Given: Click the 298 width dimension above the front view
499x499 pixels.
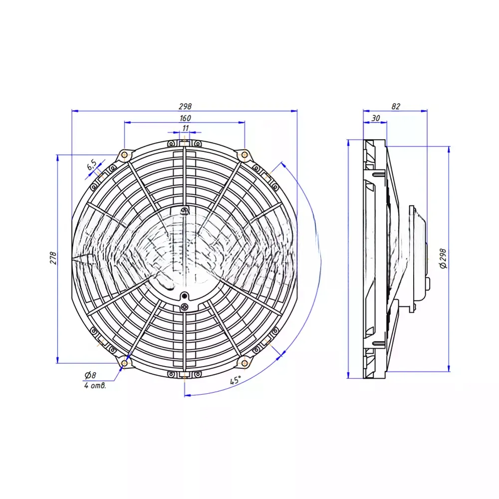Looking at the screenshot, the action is (185, 106).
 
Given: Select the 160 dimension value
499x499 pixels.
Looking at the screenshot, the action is (185, 118).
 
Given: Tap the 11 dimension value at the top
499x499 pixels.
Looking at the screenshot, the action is (185, 128).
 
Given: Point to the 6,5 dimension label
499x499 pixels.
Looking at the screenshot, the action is (92, 165).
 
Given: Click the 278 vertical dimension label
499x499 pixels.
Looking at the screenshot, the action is (53, 258).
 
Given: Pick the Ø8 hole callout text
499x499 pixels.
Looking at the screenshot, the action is (90, 375).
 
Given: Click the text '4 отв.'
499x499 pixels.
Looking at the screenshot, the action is (95, 386).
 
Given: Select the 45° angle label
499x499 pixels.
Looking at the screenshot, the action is (236, 380).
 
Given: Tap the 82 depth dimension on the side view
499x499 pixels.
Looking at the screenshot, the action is (396, 106).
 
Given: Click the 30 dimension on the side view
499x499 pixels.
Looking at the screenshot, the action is (376, 118).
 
